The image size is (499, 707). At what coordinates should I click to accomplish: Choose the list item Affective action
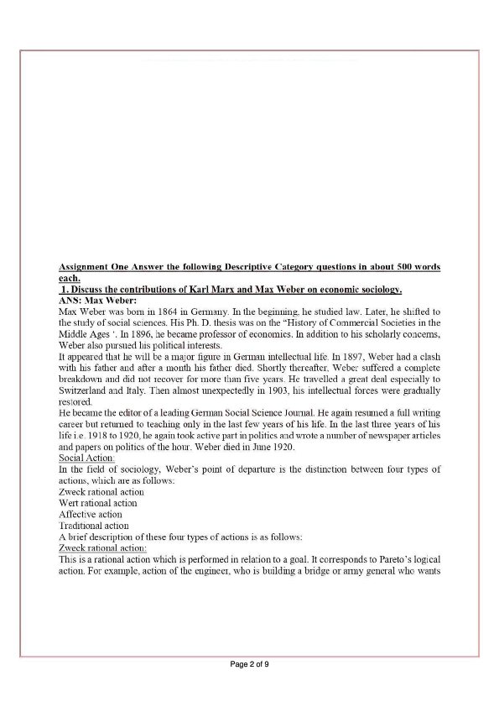[x=91, y=514]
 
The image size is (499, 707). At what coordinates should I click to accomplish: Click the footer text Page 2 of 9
[x=249, y=664]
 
